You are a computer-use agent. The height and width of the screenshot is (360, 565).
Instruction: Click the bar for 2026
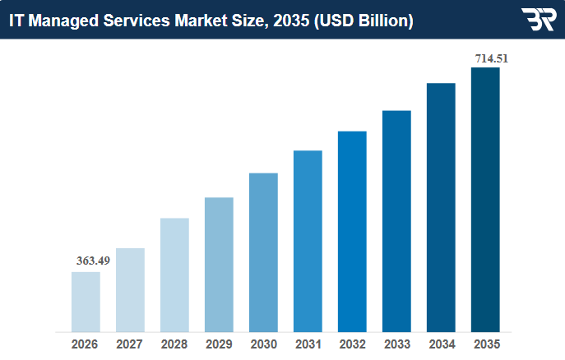(x=86, y=302)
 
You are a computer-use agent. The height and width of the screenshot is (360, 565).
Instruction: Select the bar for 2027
(x=130, y=290)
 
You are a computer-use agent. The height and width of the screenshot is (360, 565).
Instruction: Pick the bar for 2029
(x=219, y=265)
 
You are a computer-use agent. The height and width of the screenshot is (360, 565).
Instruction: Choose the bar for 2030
(x=263, y=252)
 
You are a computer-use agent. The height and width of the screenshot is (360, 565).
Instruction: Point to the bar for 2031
(x=308, y=241)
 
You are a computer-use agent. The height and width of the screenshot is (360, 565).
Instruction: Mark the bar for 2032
(x=352, y=231)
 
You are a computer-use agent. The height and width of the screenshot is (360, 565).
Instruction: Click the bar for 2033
(x=396, y=221)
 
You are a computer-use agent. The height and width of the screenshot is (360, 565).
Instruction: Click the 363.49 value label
(x=93, y=261)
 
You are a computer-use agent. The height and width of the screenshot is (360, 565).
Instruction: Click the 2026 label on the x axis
(x=86, y=344)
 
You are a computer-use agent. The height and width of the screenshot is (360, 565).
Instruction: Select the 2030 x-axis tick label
(x=263, y=344)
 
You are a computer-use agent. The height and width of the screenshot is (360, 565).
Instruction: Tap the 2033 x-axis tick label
(x=396, y=344)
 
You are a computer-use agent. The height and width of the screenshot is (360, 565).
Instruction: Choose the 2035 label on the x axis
(x=485, y=344)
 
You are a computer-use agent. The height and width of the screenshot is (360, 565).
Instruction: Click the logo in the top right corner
(x=538, y=20)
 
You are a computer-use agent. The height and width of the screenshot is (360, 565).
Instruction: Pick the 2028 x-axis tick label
(x=174, y=344)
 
